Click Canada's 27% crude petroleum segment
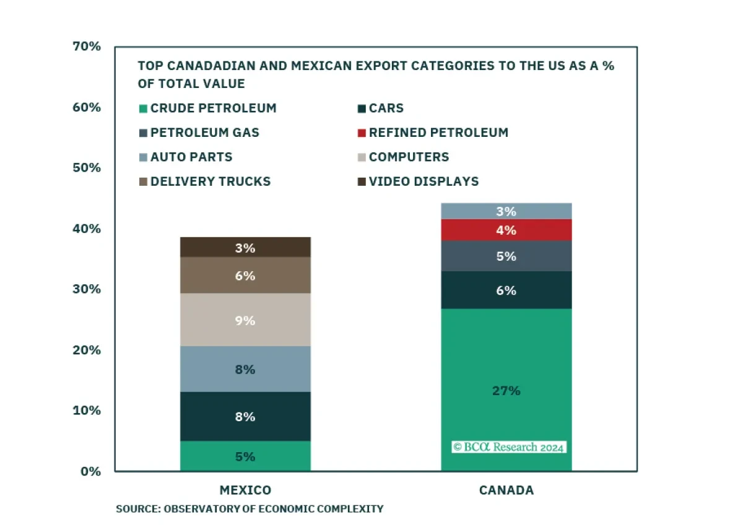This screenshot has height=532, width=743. (x=506, y=390)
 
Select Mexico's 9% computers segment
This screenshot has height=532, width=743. (x=245, y=320)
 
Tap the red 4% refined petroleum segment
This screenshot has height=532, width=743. (x=506, y=230)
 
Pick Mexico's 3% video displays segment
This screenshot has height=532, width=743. (x=245, y=247)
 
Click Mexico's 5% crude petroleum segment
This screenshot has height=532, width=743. (x=245, y=456)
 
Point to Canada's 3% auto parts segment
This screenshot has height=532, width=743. (x=506, y=211)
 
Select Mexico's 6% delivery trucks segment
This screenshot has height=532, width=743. (x=245, y=275)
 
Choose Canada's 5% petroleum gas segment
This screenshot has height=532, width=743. (x=506, y=256)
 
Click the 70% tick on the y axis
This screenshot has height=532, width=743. (x=87, y=46)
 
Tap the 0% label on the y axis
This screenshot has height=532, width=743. (x=90, y=471)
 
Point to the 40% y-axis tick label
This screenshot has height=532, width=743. (x=87, y=229)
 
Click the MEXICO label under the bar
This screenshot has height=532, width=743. (x=245, y=490)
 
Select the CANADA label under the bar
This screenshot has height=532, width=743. (x=506, y=490)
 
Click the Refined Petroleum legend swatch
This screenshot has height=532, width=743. (x=362, y=133)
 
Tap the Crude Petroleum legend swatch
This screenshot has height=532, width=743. (x=143, y=109)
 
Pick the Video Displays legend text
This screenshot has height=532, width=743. (x=424, y=181)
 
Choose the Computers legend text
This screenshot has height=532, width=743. (x=409, y=157)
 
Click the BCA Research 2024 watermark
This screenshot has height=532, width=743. (x=509, y=447)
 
